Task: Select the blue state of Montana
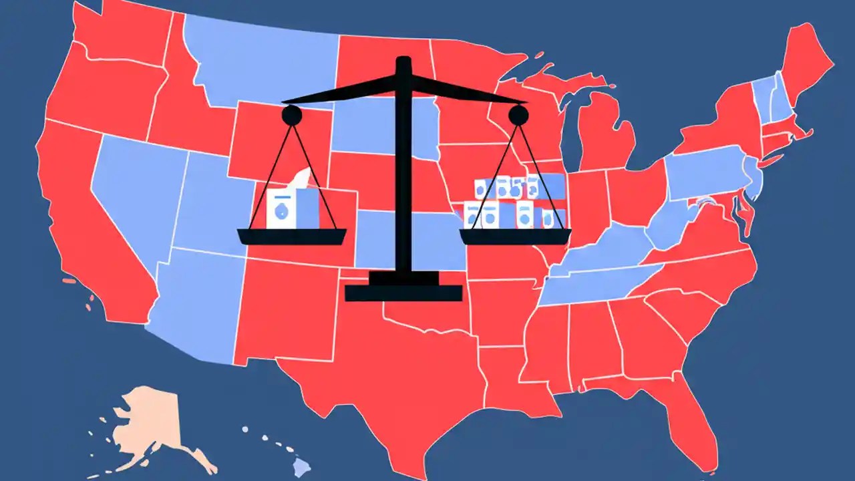pyautogui.click(x=261, y=60)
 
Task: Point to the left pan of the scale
pyautogui.click(x=292, y=236)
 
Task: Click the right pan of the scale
pyautogui.click(x=515, y=236)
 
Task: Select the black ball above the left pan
pyautogui.click(x=292, y=116)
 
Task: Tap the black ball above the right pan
pyautogui.click(x=518, y=116)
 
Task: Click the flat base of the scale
pyautogui.click(x=403, y=293)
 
